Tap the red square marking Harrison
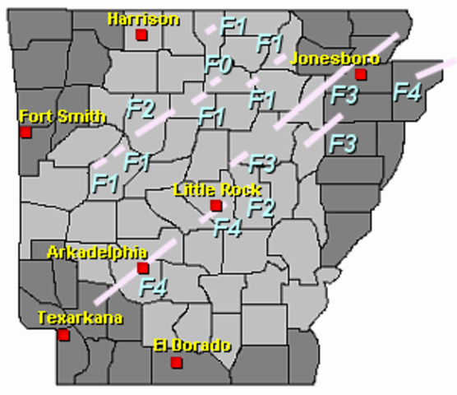point(141,35)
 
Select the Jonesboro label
point(335,58)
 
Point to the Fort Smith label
point(62,116)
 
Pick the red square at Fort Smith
point(26,132)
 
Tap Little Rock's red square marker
point(215,206)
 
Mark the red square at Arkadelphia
point(142,268)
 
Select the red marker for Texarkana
point(63,335)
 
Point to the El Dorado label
point(192,346)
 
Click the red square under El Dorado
point(175,363)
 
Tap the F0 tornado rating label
point(219,63)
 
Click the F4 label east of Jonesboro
point(407,91)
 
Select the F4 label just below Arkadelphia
point(153,287)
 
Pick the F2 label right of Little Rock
point(261,207)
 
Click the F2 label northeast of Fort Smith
point(141,107)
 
